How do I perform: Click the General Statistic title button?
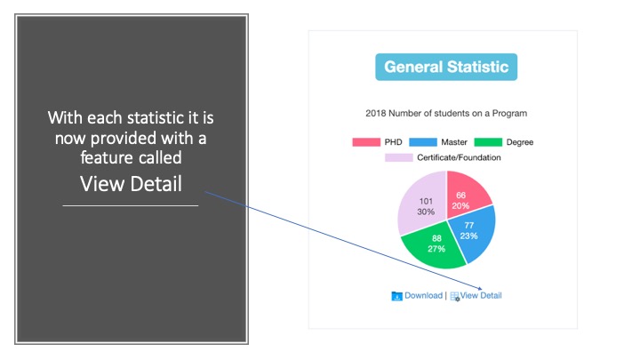[446, 67]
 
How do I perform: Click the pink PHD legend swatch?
[366, 142]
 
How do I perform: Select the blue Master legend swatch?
[423, 142]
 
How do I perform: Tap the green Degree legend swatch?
[488, 142]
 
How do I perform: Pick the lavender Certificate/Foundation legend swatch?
[399, 157]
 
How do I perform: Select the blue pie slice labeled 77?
[474, 233]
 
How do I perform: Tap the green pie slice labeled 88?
[435, 247]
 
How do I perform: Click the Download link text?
[423, 295]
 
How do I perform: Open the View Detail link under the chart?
[481, 295]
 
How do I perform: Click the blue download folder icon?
[396, 296]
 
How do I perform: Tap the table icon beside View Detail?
[455, 296]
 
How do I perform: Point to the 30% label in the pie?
[426, 212]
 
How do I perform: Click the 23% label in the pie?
[468, 236]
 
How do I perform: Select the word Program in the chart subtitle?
[509, 113]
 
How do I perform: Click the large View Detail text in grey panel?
[131, 184]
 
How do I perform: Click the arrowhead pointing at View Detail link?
[480, 289]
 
